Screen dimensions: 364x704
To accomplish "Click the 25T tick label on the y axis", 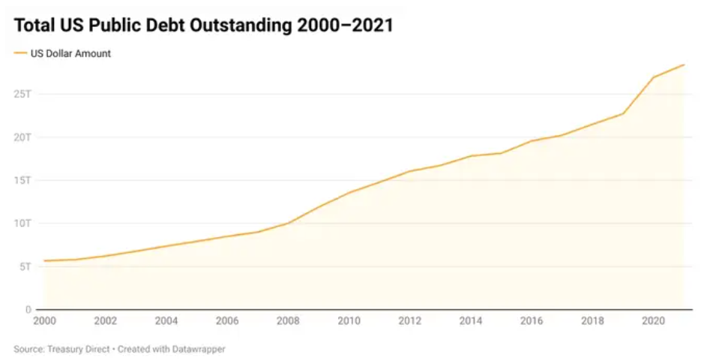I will click(x=22, y=94).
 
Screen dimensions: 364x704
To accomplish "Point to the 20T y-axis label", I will click(x=22, y=137).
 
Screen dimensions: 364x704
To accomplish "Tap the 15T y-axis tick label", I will click(x=22, y=180).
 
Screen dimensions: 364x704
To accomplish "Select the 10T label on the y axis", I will click(x=22, y=224).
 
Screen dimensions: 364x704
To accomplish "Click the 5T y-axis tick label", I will click(x=25, y=266).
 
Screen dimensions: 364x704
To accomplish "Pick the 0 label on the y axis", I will click(x=28, y=309).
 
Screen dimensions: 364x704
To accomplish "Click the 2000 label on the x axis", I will click(x=45, y=321).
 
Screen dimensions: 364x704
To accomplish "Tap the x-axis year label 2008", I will click(x=288, y=321).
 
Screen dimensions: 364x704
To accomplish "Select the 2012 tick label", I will click(x=409, y=321).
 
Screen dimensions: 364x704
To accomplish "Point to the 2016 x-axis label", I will click(x=531, y=321).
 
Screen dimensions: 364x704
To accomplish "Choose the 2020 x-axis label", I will click(x=652, y=321).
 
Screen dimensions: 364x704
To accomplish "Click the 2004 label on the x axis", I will click(x=166, y=321).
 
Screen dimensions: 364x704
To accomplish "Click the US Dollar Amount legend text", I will click(x=70, y=53).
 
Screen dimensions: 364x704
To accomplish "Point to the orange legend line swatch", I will click(x=19, y=53).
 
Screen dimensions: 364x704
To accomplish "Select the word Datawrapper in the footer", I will click(x=199, y=349).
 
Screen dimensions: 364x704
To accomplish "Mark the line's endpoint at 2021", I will click(x=684, y=65).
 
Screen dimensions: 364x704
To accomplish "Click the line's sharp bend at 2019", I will click(x=623, y=113).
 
